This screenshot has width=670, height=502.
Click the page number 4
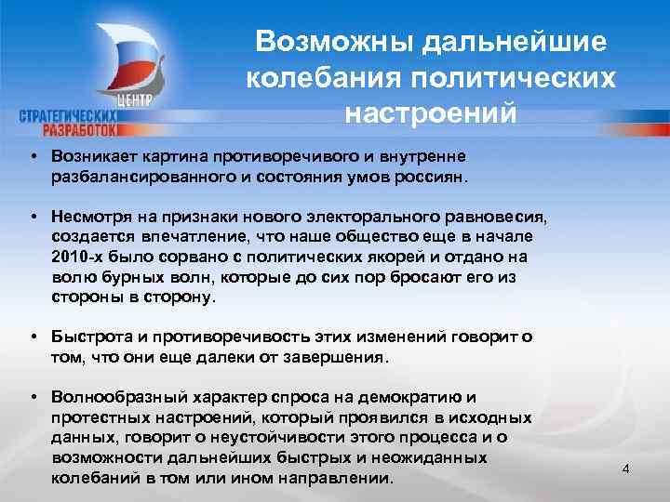point(625,468)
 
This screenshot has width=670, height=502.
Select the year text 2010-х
point(77,258)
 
